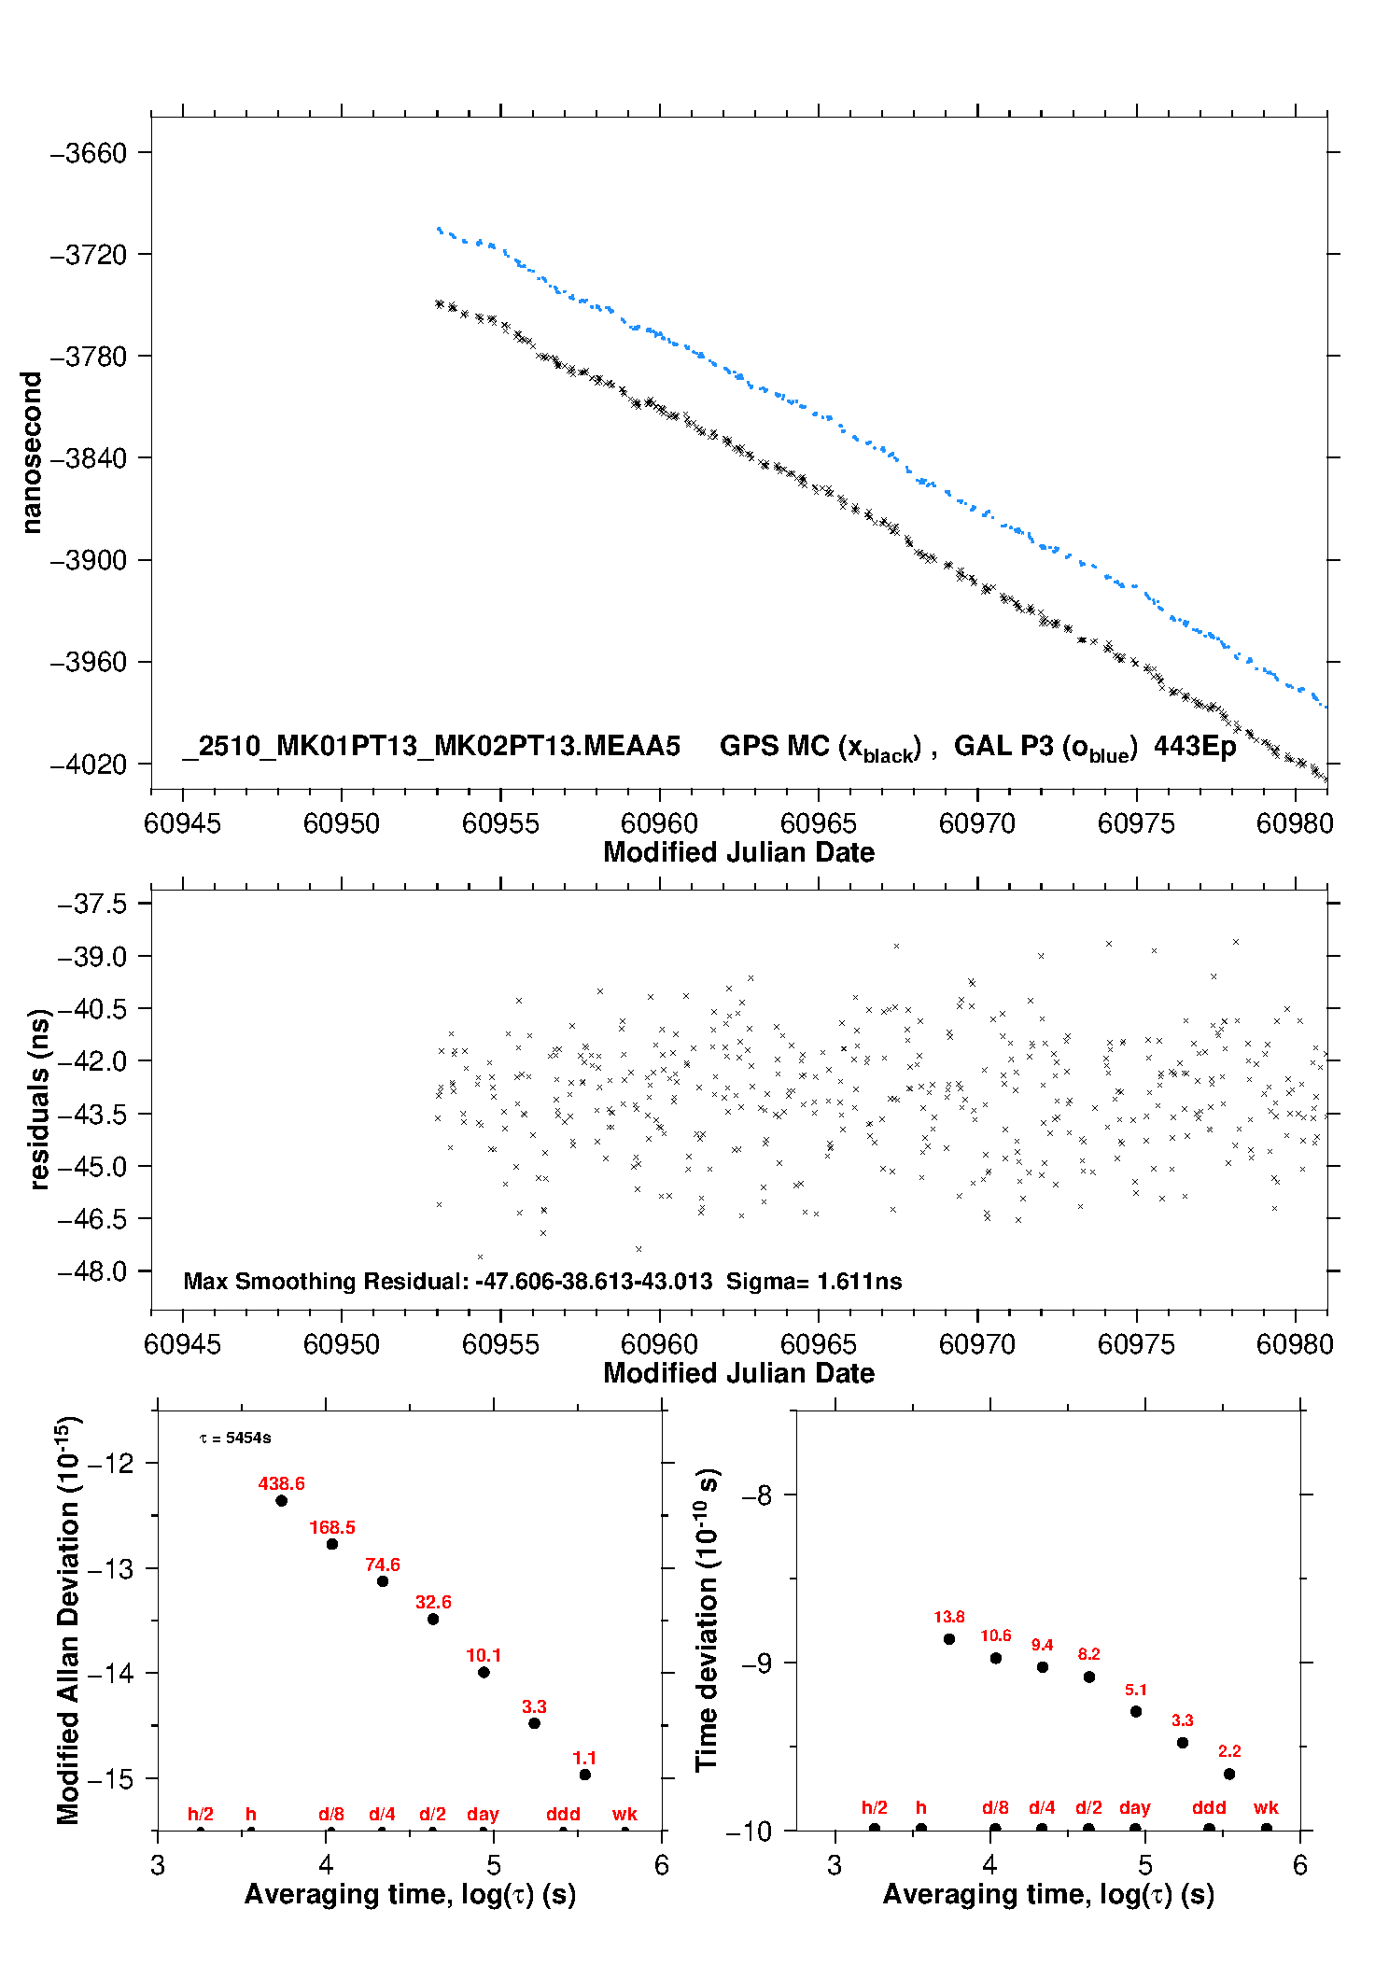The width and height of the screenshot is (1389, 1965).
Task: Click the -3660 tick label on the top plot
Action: point(88,153)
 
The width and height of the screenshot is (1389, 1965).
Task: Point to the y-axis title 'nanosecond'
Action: point(32,453)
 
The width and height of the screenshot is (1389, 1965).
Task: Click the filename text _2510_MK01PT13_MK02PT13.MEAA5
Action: point(431,746)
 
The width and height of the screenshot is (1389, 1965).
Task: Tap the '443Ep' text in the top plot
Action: point(1195,746)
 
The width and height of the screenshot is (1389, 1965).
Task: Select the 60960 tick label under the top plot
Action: point(659,823)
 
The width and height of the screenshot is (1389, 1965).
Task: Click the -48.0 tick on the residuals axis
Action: point(91,1271)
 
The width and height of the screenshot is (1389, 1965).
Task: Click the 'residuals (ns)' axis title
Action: point(39,1099)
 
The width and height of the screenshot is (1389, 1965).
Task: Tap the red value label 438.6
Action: point(281,1483)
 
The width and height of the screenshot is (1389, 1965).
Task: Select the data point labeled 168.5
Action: point(332,1544)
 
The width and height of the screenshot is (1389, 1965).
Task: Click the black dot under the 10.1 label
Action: point(484,1672)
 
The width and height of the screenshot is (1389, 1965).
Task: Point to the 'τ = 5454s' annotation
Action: point(235,1438)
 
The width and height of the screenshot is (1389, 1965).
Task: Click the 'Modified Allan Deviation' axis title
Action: point(68,1620)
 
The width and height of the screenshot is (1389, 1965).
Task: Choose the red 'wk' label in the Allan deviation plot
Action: point(624,1814)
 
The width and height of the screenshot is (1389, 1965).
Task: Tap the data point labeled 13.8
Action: point(949,1638)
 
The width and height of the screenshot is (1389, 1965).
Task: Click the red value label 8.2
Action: point(1088,1653)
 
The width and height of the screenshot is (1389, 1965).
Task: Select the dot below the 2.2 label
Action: point(1229,1774)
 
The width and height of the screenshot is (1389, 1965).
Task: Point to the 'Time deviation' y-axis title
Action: point(707,1620)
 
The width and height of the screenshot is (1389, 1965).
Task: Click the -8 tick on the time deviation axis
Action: point(762,1495)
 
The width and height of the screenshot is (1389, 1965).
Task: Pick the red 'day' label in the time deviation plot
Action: point(1134,1807)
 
